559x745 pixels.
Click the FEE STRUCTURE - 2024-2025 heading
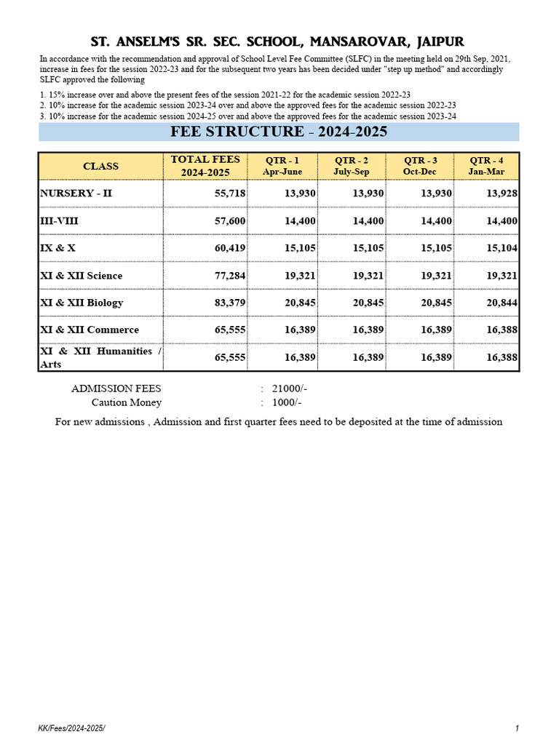tap(279, 132)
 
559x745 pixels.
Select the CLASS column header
tap(100, 166)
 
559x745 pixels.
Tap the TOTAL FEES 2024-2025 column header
tap(205, 166)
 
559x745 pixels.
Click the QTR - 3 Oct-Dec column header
tap(420, 166)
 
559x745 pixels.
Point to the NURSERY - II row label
tap(76, 194)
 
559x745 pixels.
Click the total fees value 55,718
tap(228, 194)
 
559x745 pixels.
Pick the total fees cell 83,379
tap(228, 303)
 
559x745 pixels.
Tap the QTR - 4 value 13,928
tap(501, 194)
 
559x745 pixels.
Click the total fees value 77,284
tap(228, 276)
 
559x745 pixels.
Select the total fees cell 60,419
tap(228, 248)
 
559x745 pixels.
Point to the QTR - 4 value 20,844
tap(501, 303)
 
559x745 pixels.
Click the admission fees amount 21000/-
tap(289, 389)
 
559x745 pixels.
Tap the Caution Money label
tap(127, 402)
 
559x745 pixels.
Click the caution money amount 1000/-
tap(287, 402)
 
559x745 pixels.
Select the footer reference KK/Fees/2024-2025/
tap(76, 728)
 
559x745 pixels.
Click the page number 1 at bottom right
tap(516, 728)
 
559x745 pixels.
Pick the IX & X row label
tap(58, 248)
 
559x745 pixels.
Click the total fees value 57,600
tap(228, 220)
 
